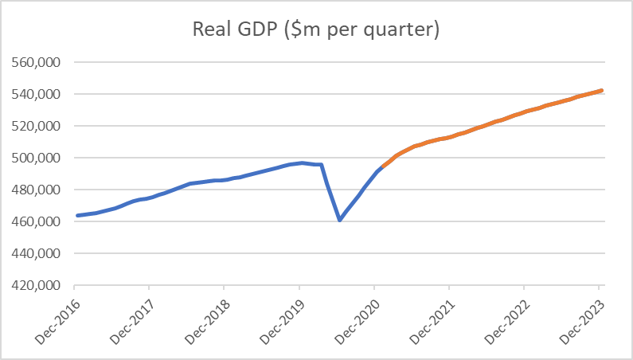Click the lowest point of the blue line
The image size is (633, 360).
point(340,219)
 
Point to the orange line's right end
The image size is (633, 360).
point(601,91)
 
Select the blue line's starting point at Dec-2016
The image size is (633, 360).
point(77,215)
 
